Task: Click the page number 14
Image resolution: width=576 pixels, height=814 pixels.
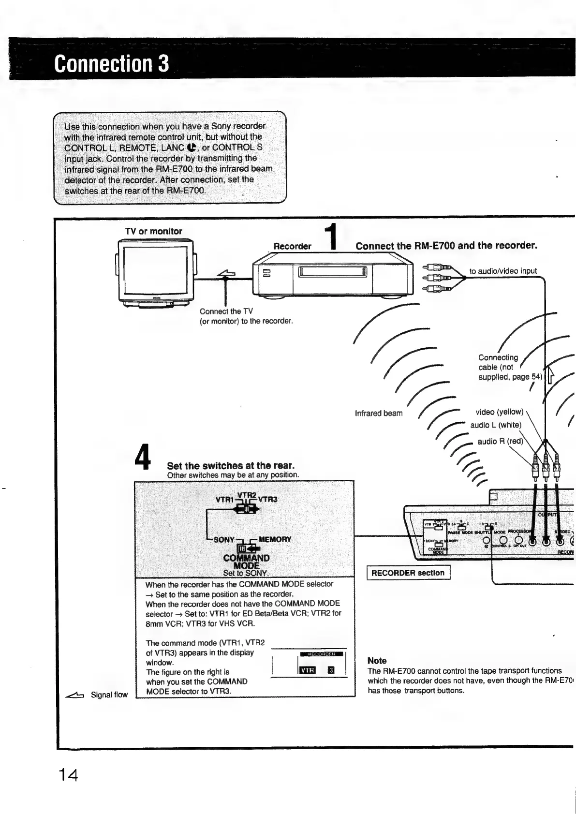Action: click(x=68, y=775)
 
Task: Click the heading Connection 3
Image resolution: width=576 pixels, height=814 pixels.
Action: click(x=112, y=64)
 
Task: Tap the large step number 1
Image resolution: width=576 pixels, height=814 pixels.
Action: click(x=330, y=237)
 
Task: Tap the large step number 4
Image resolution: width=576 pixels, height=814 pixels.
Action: click(x=143, y=457)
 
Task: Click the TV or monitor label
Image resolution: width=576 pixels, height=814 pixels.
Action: click(x=153, y=231)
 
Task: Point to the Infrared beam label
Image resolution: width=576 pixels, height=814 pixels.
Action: click(x=378, y=413)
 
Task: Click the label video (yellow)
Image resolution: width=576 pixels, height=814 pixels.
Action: click(x=499, y=412)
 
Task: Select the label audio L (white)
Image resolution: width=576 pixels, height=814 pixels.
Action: click(x=495, y=425)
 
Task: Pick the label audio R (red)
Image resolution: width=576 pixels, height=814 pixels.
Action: click(x=500, y=441)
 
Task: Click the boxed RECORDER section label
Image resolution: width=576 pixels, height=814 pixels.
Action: click(x=408, y=573)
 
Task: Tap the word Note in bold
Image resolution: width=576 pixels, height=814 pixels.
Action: click(x=377, y=661)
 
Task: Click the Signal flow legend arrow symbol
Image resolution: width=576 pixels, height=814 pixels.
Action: click(x=75, y=695)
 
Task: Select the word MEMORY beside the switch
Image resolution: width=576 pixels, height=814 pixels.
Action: click(x=275, y=539)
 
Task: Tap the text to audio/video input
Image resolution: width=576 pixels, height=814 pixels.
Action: click(x=503, y=271)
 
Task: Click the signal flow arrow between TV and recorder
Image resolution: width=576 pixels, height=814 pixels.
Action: click(x=226, y=274)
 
